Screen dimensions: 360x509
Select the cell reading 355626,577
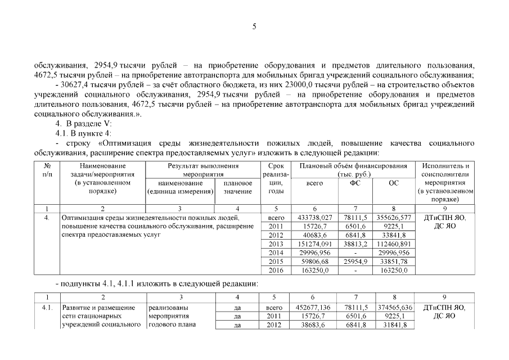(x=393, y=217)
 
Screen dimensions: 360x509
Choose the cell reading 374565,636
(x=393, y=308)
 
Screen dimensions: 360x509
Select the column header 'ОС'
(x=393, y=183)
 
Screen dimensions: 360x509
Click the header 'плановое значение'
(x=238, y=187)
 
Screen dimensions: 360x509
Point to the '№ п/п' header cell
(x=47, y=170)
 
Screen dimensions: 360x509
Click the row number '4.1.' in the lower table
(x=47, y=308)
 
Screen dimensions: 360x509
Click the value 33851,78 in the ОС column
(x=393, y=262)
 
